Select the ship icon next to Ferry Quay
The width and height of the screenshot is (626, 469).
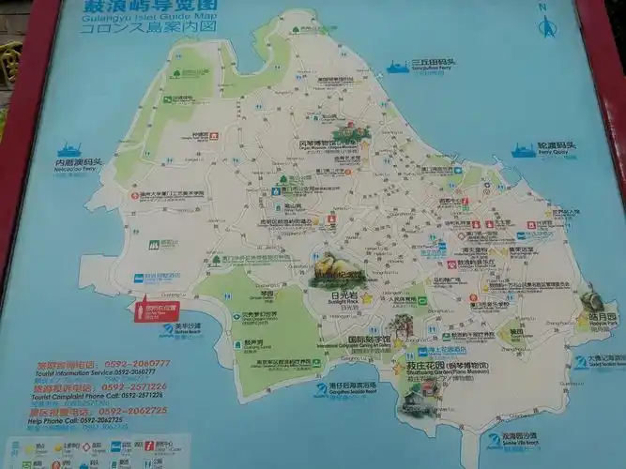(523, 149)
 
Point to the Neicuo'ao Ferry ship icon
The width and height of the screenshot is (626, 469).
(69, 149)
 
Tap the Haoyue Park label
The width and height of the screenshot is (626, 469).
(603, 317)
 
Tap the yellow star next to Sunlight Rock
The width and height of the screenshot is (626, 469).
(368, 298)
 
